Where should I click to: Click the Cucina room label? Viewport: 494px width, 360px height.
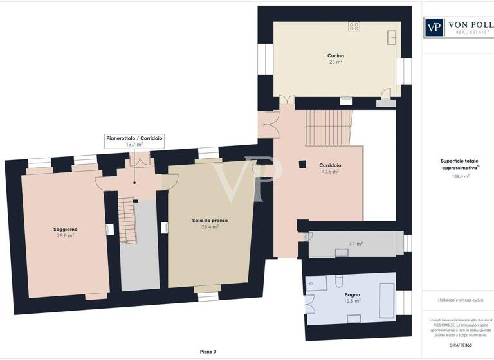point(335,56)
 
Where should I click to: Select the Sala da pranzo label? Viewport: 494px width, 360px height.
point(210,221)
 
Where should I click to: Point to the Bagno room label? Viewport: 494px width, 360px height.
point(351,294)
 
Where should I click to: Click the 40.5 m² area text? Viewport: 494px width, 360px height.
point(330,172)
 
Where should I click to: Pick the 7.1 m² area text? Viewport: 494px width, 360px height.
point(356,244)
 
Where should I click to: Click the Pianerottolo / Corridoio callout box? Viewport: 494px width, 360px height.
point(134,141)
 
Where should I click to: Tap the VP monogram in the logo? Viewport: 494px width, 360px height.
point(435,27)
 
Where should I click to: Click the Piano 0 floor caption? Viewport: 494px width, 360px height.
point(207,352)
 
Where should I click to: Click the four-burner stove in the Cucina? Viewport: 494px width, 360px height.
point(354,26)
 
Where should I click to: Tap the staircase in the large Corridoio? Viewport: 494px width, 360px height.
point(329,127)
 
